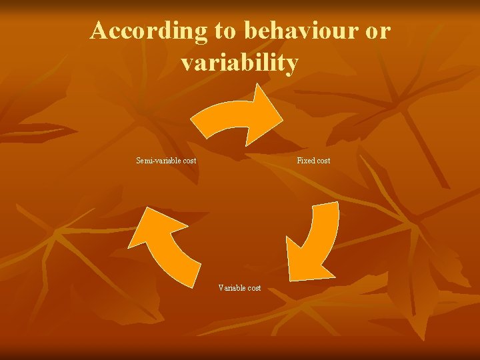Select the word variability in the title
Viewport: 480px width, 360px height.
point(239,63)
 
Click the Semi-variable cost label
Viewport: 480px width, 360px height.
point(166,161)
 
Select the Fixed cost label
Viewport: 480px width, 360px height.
point(313,161)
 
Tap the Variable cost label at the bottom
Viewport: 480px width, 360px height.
point(239,288)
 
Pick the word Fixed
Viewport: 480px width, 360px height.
point(305,161)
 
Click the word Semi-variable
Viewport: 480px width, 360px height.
point(158,161)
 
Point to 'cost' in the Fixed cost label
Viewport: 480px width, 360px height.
point(323,161)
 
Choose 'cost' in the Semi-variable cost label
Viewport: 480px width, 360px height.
point(188,161)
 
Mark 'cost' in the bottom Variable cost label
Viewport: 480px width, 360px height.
point(253,288)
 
